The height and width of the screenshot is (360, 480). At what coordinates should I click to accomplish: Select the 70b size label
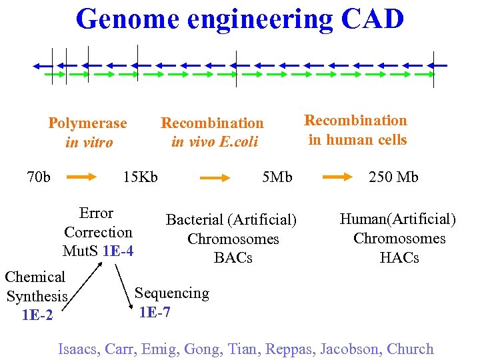tap(39, 177)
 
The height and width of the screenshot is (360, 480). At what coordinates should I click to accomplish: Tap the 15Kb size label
tap(140, 177)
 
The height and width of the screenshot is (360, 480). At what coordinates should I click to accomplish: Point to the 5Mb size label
tap(277, 177)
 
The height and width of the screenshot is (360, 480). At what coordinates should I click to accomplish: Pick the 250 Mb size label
tap(393, 177)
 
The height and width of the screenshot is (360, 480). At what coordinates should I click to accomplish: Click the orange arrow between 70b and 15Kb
tap(83, 177)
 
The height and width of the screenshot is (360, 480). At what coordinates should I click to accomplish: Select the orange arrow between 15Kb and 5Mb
tap(215, 178)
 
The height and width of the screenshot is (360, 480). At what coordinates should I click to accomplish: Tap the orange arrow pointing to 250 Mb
tap(339, 177)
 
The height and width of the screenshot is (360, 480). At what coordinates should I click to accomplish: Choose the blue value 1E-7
tap(154, 311)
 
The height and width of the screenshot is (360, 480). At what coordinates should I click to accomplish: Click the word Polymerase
tap(87, 123)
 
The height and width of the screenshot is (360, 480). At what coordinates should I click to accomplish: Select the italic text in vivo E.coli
tap(214, 142)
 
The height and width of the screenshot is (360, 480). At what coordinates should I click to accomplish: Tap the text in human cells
tap(357, 139)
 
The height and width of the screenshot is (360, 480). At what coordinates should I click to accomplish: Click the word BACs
tap(233, 257)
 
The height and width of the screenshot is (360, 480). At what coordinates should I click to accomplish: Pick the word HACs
tap(399, 257)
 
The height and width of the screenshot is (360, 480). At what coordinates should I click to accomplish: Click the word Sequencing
tap(172, 293)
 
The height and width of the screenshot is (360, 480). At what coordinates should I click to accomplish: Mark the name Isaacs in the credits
tap(79, 349)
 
